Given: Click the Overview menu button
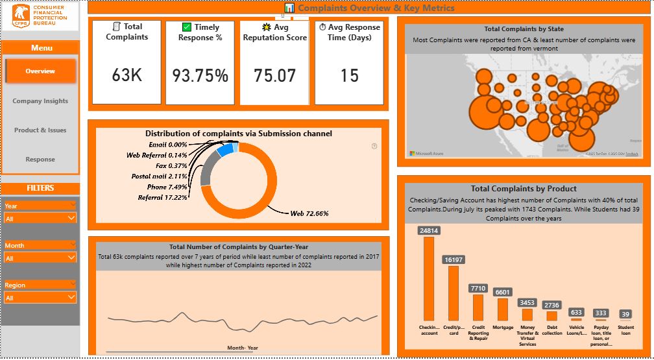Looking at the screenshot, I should (40, 71).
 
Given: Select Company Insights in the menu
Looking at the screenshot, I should (40, 101).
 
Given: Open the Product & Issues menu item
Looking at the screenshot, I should (40, 130).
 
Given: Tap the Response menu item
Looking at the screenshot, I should (40, 160).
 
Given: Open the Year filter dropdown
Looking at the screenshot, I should (40, 219).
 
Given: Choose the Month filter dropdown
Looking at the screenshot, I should (40, 258).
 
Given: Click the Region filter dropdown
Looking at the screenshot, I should (40, 298).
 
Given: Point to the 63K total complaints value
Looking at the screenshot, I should (127, 75).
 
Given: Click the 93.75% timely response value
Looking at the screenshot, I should (200, 76).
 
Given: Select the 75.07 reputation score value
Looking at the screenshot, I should (274, 76).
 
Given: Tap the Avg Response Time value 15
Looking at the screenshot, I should (349, 76).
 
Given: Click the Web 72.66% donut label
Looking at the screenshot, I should (309, 213).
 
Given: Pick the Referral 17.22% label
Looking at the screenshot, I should (162, 197).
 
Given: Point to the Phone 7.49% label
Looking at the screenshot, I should (165, 187).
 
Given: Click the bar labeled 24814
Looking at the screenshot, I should (429, 279).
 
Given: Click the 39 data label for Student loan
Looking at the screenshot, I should (625, 314).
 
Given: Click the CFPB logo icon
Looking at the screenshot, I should (20, 16).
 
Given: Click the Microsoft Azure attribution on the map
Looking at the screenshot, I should (425, 153).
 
